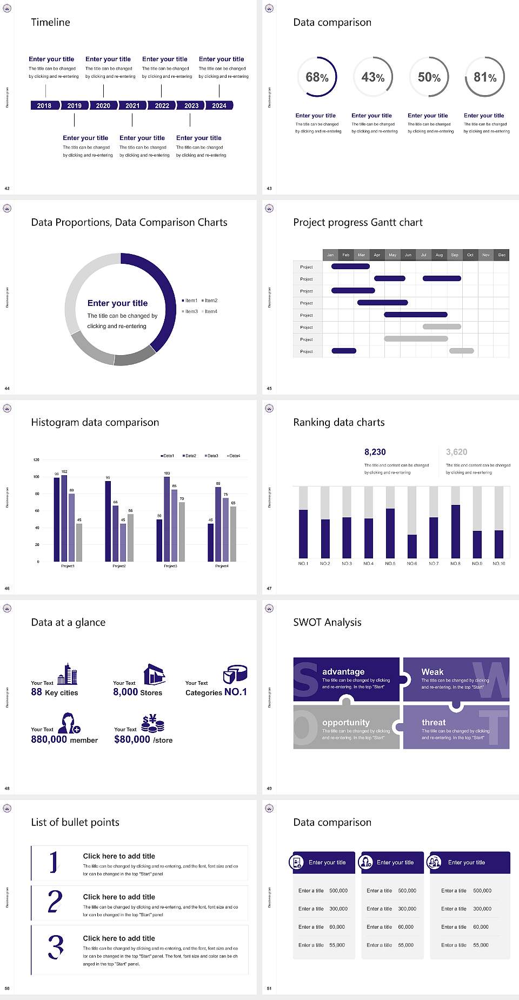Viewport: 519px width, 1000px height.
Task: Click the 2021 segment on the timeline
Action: click(x=132, y=105)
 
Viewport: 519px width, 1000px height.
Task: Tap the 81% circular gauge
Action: click(x=485, y=77)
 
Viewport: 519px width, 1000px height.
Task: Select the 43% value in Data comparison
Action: click(x=373, y=77)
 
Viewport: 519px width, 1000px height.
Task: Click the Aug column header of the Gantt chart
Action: click(x=439, y=255)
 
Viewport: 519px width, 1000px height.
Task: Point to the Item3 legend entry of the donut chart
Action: click(x=190, y=311)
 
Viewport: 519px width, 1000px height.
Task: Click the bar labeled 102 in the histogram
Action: click(x=64, y=516)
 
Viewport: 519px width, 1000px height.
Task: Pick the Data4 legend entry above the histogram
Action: click(x=233, y=456)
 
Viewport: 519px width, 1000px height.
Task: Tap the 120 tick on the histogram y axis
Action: click(x=36, y=459)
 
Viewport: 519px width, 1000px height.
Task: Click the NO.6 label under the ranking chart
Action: click(x=412, y=563)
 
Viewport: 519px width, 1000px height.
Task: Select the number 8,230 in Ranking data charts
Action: click(x=375, y=452)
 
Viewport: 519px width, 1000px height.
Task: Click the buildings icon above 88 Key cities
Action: click(x=68, y=674)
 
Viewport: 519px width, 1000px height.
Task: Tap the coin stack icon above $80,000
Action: click(x=153, y=723)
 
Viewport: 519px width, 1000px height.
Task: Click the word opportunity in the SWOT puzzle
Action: click(x=346, y=722)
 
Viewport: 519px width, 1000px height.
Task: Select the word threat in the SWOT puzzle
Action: click(x=434, y=722)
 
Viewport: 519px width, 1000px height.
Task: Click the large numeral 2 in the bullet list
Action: click(x=55, y=902)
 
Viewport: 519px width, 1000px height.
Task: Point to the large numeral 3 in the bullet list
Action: click(x=55, y=947)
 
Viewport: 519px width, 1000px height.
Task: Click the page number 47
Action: click(x=269, y=588)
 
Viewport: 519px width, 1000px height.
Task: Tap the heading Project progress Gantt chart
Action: click(x=357, y=222)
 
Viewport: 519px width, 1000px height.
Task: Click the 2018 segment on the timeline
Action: click(x=44, y=105)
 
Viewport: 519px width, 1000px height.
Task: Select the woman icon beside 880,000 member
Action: click(x=69, y=723)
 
